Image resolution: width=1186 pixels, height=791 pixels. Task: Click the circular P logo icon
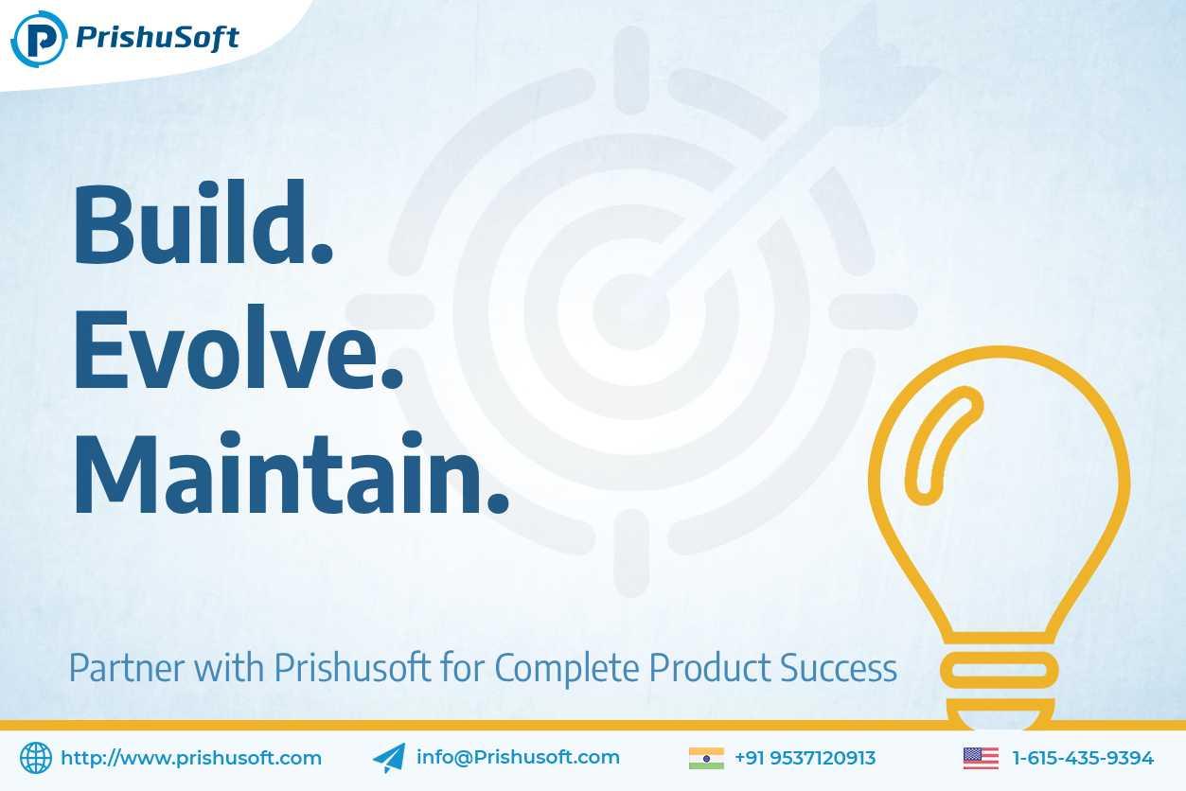point(39,39)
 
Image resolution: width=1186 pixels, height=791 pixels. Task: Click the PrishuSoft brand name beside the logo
point(157,39)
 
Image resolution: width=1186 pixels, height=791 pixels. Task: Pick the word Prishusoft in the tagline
point(352,668)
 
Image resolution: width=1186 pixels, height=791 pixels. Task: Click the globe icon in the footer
point(36,758)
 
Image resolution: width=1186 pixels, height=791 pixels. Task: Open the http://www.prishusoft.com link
point(191,758)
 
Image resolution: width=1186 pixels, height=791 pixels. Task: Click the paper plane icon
point(389,758)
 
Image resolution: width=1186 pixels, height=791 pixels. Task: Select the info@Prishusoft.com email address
point(518,757)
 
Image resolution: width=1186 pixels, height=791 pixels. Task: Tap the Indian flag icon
point(706,758)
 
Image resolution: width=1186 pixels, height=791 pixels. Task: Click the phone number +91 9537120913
point(805,758)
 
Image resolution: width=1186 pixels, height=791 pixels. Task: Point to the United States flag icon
point(982,758)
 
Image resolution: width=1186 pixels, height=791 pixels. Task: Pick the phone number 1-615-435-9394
point(1083,758)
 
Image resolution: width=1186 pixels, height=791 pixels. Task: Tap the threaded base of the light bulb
point(1000,688)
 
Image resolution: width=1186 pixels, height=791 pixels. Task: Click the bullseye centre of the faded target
point(631,311)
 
